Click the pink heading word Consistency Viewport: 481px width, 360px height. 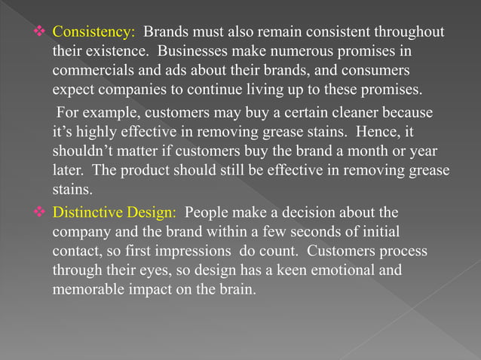click(93, 35)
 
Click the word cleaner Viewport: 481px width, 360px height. click(344, 113)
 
